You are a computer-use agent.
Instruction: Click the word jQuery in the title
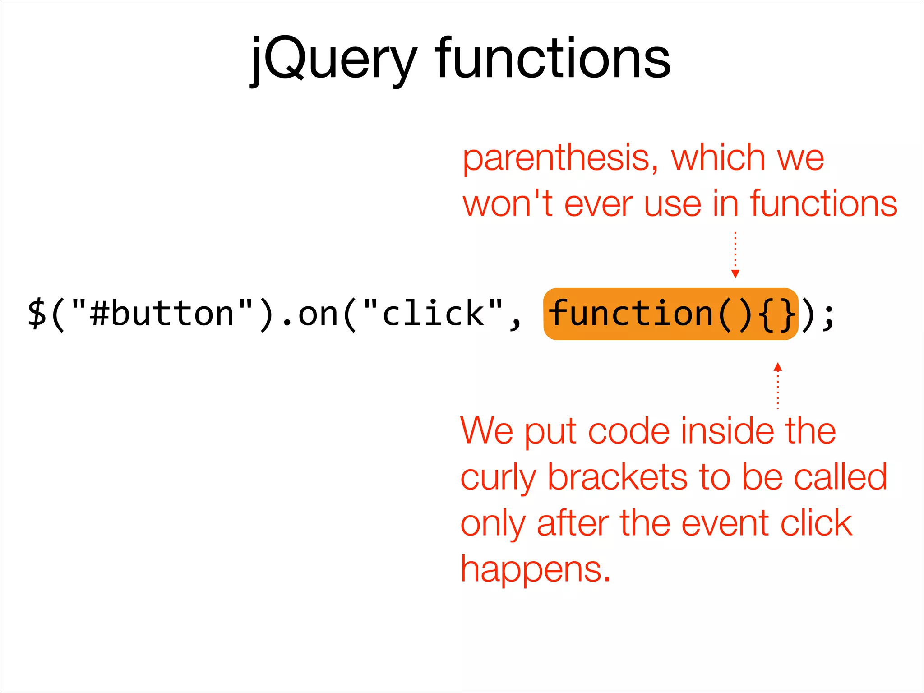(334, 59)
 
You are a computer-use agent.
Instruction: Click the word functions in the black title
(553, 59)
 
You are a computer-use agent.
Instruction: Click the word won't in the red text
(508, 204)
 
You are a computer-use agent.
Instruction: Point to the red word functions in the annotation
(823, 204)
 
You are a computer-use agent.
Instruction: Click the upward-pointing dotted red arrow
(777, 386)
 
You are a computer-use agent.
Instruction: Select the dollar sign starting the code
(37, 314)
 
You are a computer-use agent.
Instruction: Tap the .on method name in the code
(316, 314)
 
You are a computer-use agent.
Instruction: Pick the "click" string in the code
(433, 314)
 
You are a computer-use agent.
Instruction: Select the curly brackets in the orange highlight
(777, 314)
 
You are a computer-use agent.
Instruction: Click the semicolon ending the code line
(828, 316)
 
